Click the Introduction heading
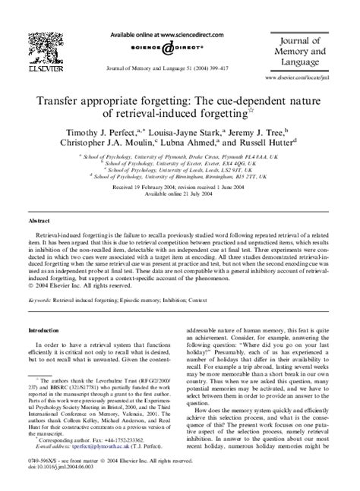point(44,330)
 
